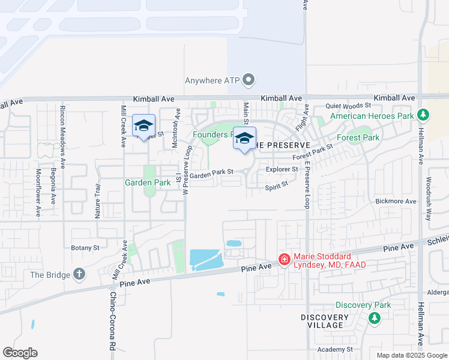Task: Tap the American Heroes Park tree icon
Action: pos(423,115)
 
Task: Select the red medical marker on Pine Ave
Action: pos(283,260)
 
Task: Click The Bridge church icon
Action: pos(79,275)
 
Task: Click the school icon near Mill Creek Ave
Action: pos(143,125)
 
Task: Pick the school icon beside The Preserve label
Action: pos(244,137)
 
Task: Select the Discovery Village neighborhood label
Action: pos(325,321)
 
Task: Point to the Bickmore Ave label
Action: pos(395,202)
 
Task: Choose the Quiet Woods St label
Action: pos(349,106)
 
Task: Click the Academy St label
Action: pos(336,349)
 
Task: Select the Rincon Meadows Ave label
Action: pos(62,129)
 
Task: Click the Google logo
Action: pos(20,353)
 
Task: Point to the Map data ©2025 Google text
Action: pos(411,355)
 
